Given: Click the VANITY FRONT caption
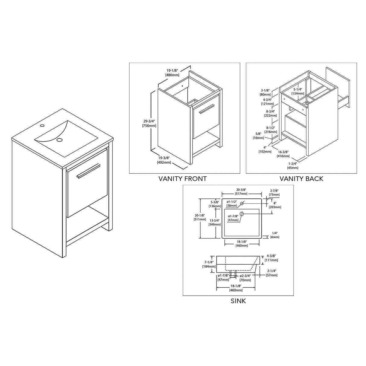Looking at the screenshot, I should tap(182, 178).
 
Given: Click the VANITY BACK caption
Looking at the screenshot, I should tap(301, 178).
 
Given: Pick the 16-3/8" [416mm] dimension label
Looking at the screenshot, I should tap(283, 154).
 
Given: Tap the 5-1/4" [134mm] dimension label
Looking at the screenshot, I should tap(298, 91).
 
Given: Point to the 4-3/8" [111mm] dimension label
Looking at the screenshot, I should tap(271, 258).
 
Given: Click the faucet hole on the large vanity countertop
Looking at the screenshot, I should tap(42, 125).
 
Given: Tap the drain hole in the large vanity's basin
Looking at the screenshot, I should tap(60, 140).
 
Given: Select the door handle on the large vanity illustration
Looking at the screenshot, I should tap(88, 171).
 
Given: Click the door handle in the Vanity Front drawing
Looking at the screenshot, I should tap(206, 108).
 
